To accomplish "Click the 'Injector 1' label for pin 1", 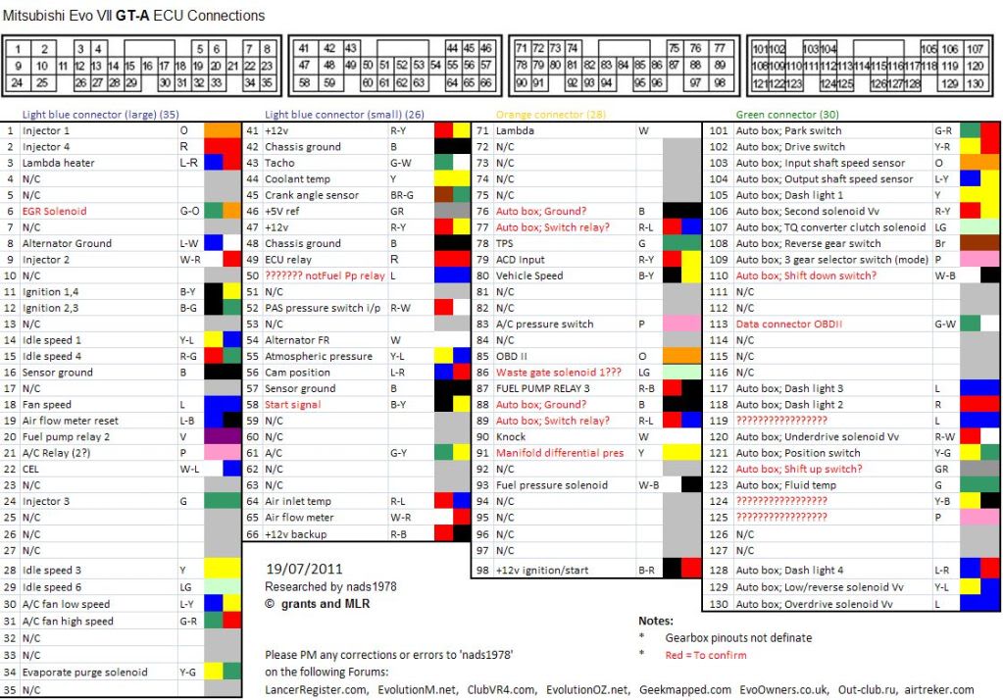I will [46, 130].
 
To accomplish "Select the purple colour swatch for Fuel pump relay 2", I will [223, 437].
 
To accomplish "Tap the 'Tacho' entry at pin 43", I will [280, 163].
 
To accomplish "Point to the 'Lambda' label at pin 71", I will [516, 130].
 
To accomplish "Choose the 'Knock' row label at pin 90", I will [511, 437].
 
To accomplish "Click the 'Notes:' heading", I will [655, 621].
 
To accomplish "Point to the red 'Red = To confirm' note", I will [706, 655].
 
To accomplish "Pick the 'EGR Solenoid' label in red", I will [54, 211].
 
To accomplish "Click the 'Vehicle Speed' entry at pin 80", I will [529, 275].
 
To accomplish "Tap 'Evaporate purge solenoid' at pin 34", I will [84, 673].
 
